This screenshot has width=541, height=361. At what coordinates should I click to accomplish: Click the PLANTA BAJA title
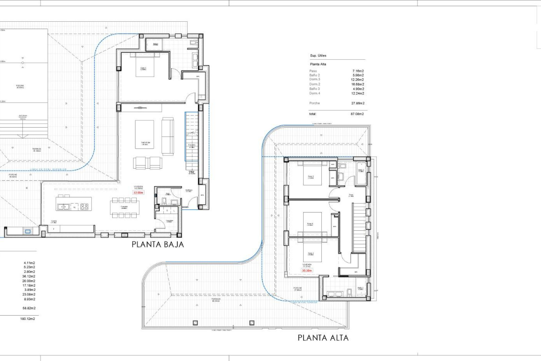coord(158,245)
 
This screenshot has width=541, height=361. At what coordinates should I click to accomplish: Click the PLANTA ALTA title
coord(323,338)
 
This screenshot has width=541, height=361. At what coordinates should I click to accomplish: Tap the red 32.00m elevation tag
coord(138,193)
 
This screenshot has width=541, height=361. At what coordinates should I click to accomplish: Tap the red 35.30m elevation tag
coord(307,270)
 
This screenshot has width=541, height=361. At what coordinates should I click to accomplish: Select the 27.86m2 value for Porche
coord(358,103)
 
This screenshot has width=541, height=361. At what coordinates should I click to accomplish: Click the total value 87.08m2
coord(357,114)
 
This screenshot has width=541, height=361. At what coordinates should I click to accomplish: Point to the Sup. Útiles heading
coord(318,56)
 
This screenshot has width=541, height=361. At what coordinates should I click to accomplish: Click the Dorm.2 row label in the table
coord(314,84)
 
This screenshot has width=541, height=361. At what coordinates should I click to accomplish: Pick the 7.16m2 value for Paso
coord(358,71)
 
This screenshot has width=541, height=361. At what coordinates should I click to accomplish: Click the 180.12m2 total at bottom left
coord(28,319)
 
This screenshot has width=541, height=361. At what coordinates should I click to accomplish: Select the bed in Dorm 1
coord(145,65)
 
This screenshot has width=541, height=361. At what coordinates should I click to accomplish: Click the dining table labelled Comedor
coord(124,208)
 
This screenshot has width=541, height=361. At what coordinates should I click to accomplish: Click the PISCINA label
coord(20,86)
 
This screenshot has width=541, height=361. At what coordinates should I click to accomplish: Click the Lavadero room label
coord(169,221)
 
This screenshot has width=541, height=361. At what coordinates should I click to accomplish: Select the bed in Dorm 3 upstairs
coord(312,174)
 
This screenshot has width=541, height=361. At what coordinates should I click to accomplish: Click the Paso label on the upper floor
coord(351,195)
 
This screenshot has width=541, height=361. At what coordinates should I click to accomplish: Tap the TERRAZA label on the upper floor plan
coord(216,300)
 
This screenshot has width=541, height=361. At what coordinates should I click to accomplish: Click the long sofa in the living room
coord(168,136)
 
